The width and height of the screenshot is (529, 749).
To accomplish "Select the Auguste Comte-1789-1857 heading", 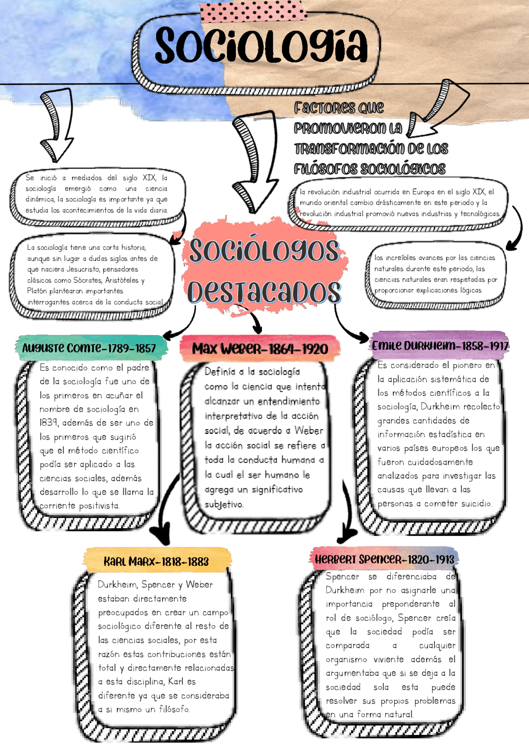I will [89, 348].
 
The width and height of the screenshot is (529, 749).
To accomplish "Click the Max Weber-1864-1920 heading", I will [260, 349].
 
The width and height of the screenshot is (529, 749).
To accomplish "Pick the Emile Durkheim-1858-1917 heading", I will [440, 346].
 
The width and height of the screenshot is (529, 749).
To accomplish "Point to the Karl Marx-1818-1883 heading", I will [156, 562].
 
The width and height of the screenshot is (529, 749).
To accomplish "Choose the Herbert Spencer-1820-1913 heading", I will [384, 560].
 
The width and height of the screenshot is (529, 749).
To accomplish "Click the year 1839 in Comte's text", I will [49, 423].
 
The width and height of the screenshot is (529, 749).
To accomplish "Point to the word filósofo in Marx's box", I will [174, 709].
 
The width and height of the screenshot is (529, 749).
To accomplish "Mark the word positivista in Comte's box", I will [99, 505].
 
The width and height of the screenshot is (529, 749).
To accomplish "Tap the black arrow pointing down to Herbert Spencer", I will [346, 517].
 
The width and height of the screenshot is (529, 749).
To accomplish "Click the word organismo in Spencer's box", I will [346, 659].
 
